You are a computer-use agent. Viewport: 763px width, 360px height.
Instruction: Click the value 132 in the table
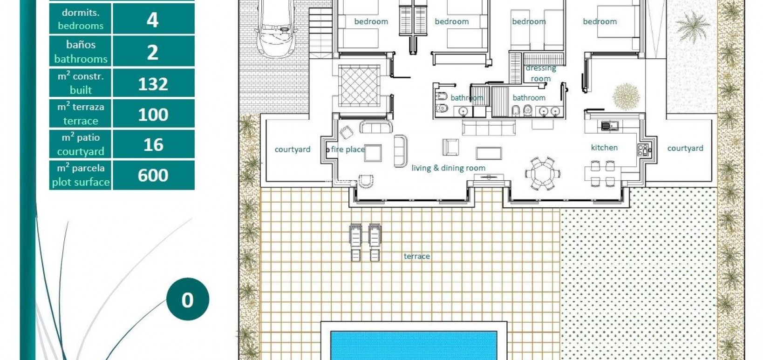pos(153,84)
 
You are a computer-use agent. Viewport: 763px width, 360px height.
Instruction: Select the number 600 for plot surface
pos(153,176)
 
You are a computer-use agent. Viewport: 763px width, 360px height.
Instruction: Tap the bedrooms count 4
pos(153,20)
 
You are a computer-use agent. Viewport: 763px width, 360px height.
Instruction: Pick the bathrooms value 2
pos(153,52)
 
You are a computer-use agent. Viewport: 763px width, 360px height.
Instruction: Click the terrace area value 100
pos(153,115)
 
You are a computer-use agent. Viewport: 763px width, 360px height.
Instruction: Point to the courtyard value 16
pos(153,145)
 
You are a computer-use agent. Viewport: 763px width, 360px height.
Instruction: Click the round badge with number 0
pos(187,299)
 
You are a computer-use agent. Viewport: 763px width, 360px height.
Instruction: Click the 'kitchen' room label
pos(604,148)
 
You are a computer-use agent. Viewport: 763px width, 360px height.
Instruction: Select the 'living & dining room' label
pos(448,168)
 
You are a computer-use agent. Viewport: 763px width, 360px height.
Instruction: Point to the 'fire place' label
pos(347,149)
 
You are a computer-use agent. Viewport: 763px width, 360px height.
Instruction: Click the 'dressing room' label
pos(540,73)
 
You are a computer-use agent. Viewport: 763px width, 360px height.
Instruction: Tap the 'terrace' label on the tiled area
pos(416,256)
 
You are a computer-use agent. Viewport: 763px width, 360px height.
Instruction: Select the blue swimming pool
pos(414,345)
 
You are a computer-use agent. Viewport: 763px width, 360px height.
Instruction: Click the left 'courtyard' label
pos(292,149)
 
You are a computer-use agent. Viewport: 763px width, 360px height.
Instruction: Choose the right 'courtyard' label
pos(685,148)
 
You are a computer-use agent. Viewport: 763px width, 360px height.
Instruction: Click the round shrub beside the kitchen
pos(626,96)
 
